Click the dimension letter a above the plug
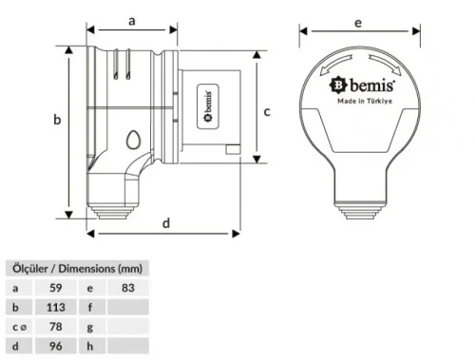[x=132, y=18]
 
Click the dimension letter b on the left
[x=56, y=120]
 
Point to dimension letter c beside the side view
[x=267, y=112]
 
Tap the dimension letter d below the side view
[x=166, y=223]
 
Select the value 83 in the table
[x=128, y=286]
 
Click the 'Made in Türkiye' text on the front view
[x=361, y=101]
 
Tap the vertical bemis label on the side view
[x=204, y=104]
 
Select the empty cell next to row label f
[x=128, y=307]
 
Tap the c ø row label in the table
[x=18, y=328]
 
